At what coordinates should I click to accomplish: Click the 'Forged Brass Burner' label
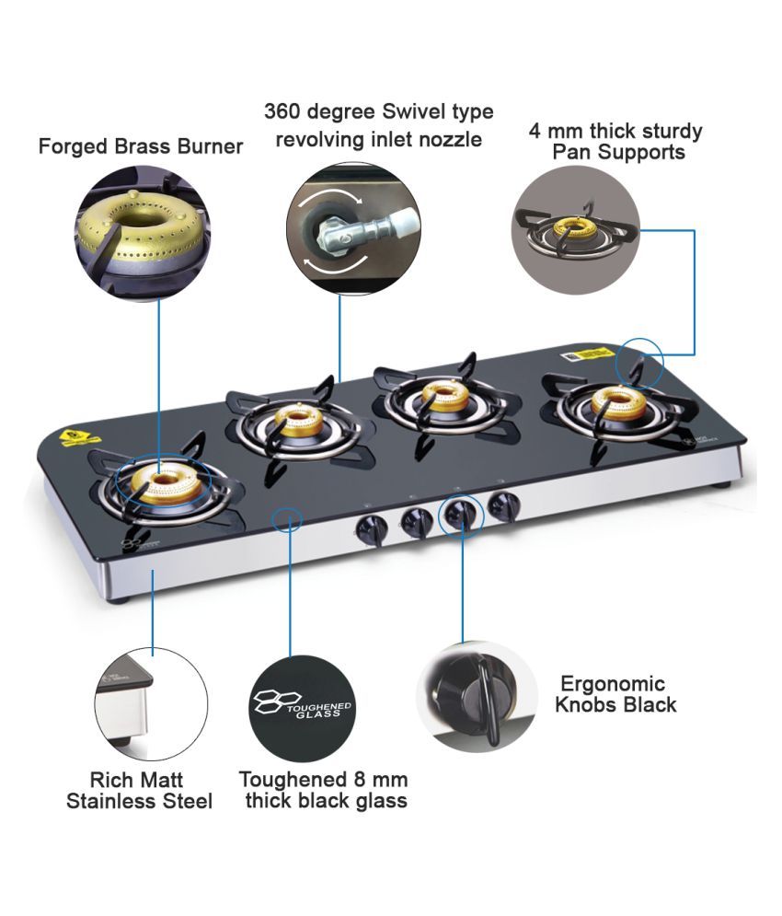[141, 146]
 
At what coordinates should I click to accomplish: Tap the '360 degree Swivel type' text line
[378, 112]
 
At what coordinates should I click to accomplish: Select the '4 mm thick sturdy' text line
[615, 131]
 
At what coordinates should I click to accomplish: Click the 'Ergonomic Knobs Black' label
[618, 695]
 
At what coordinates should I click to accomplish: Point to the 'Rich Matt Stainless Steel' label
[139, 791]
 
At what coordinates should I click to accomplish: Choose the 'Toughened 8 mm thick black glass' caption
[324, 790]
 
